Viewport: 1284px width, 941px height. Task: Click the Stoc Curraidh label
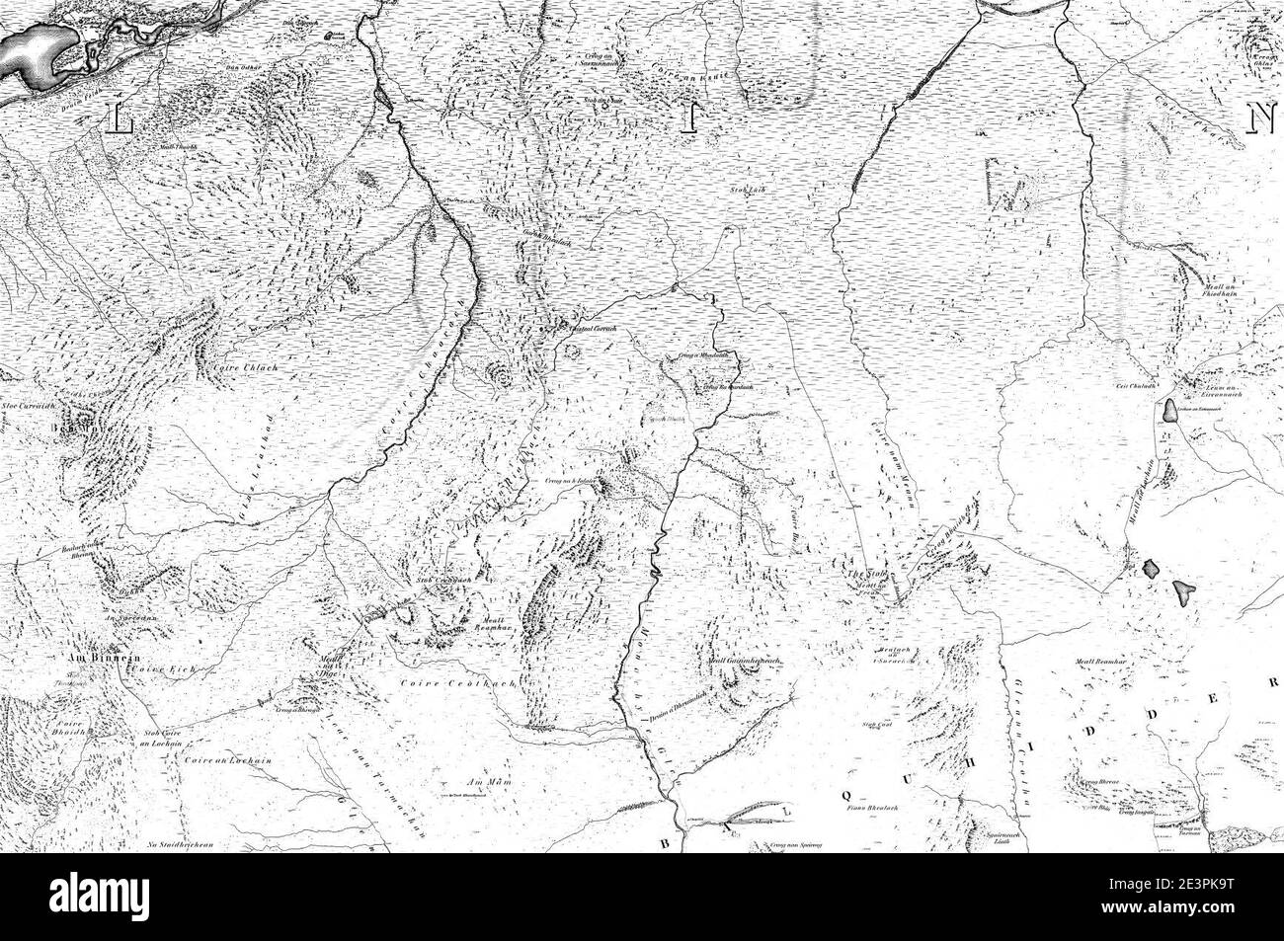pyautogui.click(x=25, y=404)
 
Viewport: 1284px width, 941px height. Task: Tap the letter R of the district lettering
pyautogui.click(x=1274, y=682)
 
